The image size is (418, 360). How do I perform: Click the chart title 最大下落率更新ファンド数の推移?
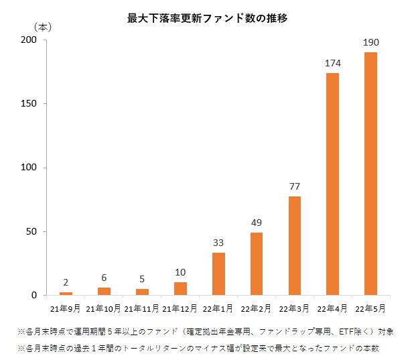coord(208,19)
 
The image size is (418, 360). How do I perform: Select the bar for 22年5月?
coord(370,174)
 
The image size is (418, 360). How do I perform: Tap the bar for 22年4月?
coord(332,184)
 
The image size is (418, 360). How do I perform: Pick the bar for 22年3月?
coord(294,245)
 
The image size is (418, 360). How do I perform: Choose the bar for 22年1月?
coord(218,274)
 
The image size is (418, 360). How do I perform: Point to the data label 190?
coord(370,43)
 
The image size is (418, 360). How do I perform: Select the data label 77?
coord(294,186)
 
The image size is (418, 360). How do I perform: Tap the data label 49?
coord(257,223)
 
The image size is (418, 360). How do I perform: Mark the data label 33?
coord(218,243)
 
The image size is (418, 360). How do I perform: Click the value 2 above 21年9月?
coord(66,282)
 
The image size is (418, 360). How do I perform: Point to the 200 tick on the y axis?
coord(29,40)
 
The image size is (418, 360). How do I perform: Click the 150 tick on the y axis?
coord(29,104)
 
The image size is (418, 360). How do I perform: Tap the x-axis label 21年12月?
coord(180,308)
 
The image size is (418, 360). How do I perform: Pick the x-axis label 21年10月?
coord(103,308)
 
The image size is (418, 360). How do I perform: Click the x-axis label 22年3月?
coord(294,308)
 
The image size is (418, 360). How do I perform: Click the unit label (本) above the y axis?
coord(42,27)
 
